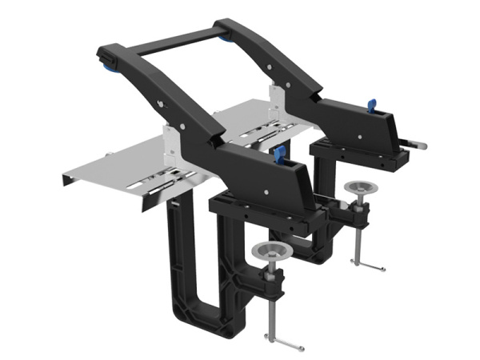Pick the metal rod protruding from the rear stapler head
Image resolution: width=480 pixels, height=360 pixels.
click(x=416, y=145)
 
